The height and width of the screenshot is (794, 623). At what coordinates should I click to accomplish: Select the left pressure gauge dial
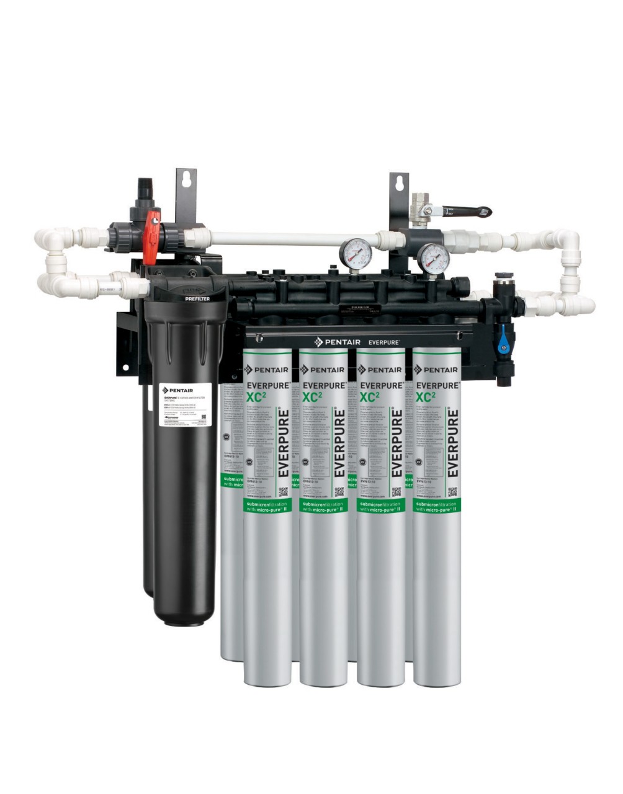[x=356, y=252]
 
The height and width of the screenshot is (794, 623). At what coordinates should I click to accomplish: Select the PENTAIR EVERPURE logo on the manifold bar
[x=356, y=341]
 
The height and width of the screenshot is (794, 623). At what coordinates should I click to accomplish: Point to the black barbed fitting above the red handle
[x=145, y=186]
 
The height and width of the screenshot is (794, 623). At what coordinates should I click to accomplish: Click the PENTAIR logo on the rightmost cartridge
[x=436, y=370]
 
